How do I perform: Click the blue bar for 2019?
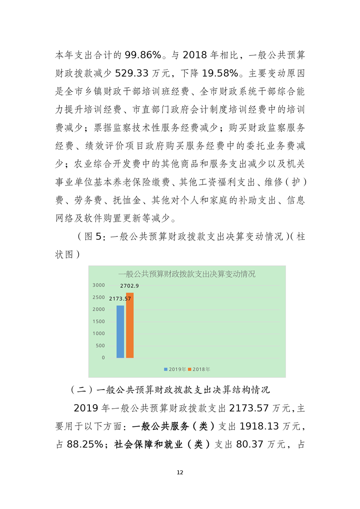coord(120,331)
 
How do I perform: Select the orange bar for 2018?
coord(130,325)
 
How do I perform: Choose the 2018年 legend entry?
coord(199,369)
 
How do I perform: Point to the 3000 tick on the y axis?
coord(99,285)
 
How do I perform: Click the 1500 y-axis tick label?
coord(99,322)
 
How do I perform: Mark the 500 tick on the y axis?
coord(100,346)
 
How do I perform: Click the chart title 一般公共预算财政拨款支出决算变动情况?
coord(187,274)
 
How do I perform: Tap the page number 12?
coord(180,473)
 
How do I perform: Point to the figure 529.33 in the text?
coord(132,73)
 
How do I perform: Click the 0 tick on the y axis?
coord(103,358)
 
